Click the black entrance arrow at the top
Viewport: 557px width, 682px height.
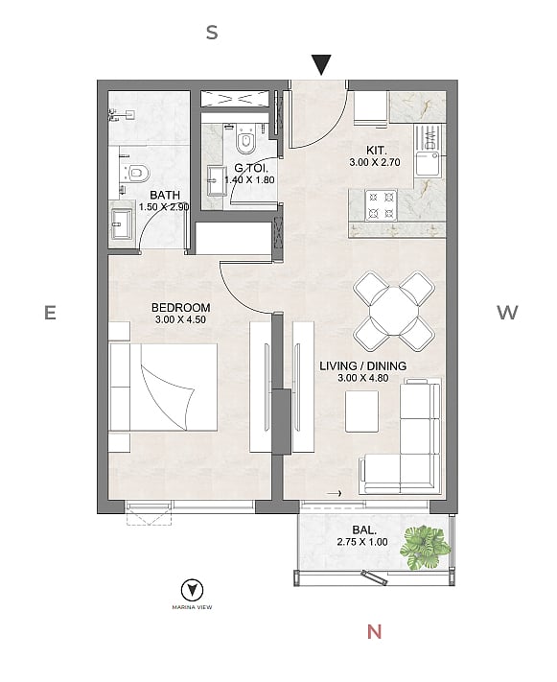point(321,64)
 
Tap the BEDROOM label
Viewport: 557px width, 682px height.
point(180,308)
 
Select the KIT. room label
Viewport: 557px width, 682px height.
point(376,151)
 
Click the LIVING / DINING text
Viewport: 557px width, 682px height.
point(363,365)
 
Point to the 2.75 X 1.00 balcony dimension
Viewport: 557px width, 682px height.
point(362,542)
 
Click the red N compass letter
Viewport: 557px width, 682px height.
point(375,631)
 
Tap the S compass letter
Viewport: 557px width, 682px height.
point(212,33)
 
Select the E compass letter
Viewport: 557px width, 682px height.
point(50,313)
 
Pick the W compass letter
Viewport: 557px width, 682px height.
point(507,313)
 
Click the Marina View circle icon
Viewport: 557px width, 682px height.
point(192,590)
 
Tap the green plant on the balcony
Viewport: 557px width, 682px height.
point(424,548)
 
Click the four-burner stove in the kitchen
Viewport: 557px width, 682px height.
point(381,205)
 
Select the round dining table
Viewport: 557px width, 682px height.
point(394,312)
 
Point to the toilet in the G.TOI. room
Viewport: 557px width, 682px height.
point(245,140)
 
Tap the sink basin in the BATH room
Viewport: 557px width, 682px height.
point(122,224)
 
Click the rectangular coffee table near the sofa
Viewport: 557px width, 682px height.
point(361,412)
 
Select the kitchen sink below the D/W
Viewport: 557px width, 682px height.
point(429,163)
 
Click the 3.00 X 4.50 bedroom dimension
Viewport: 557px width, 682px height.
point(180,319)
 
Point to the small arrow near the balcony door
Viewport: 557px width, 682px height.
point(334,493)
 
